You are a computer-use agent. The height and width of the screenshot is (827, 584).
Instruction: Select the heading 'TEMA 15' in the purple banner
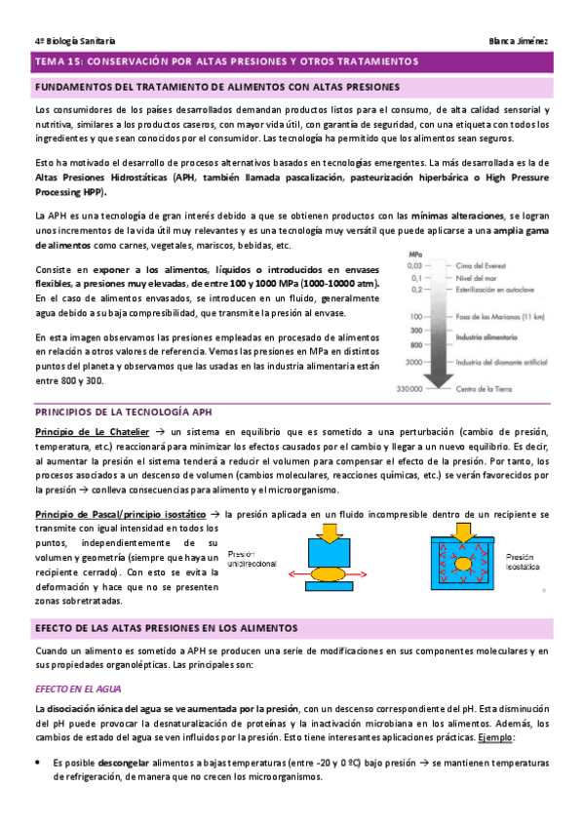tap(58, 61)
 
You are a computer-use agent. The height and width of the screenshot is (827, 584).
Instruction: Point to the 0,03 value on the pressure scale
tap(414, 265)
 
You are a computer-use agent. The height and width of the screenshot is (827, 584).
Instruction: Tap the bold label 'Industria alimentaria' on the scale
tap(489, 334)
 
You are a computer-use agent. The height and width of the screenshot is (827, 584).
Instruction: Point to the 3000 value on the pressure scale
tap(414, 362)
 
